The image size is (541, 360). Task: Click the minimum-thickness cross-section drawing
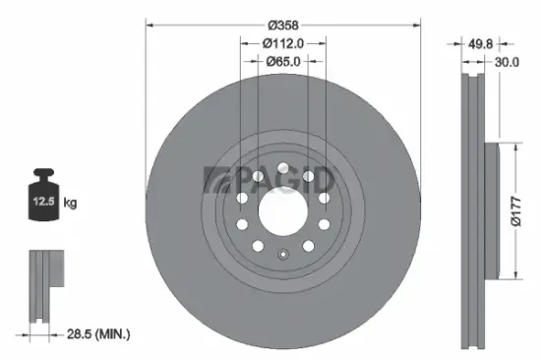point(43,286)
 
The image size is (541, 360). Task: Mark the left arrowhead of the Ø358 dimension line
point(149,25)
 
